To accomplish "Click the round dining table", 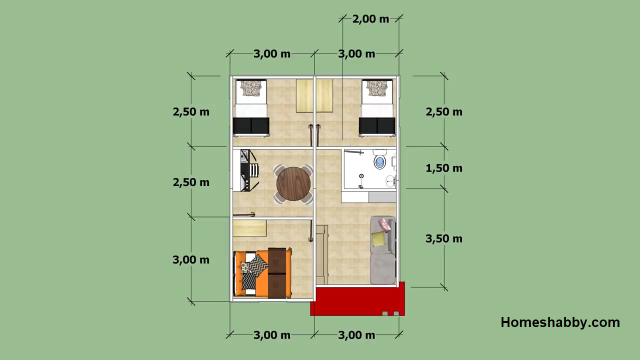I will click(293, 183).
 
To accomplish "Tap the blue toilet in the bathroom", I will click(380, 161).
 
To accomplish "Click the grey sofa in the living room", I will click(382, 250).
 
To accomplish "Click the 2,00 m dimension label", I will click(370, 19).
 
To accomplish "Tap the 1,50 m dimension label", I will click(444, 168).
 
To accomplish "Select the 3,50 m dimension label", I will click(444, 238).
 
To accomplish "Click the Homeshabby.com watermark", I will click(560, 322).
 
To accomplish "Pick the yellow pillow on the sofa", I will click(378, 239).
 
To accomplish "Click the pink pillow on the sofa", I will click(384, 224).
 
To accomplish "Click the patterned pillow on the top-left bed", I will click(251, 88).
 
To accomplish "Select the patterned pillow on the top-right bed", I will click(377, 88).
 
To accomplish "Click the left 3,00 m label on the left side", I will click(191, 259).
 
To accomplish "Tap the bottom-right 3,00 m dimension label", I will click(356, 335).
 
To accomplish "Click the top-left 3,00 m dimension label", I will click(272, 53).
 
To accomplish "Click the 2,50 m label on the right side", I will click(444, 111).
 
